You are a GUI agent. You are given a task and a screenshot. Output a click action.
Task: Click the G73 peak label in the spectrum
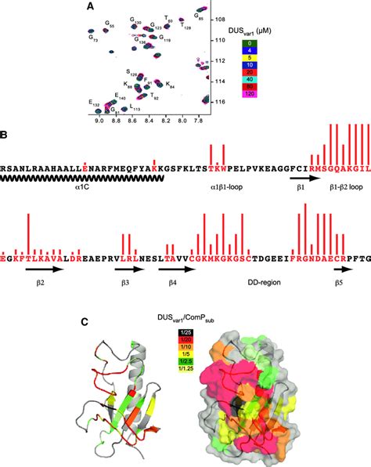(92, 37)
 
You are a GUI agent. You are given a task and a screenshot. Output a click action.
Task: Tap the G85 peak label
(199, 16)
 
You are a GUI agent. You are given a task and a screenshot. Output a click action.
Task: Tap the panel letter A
(91, 6)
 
